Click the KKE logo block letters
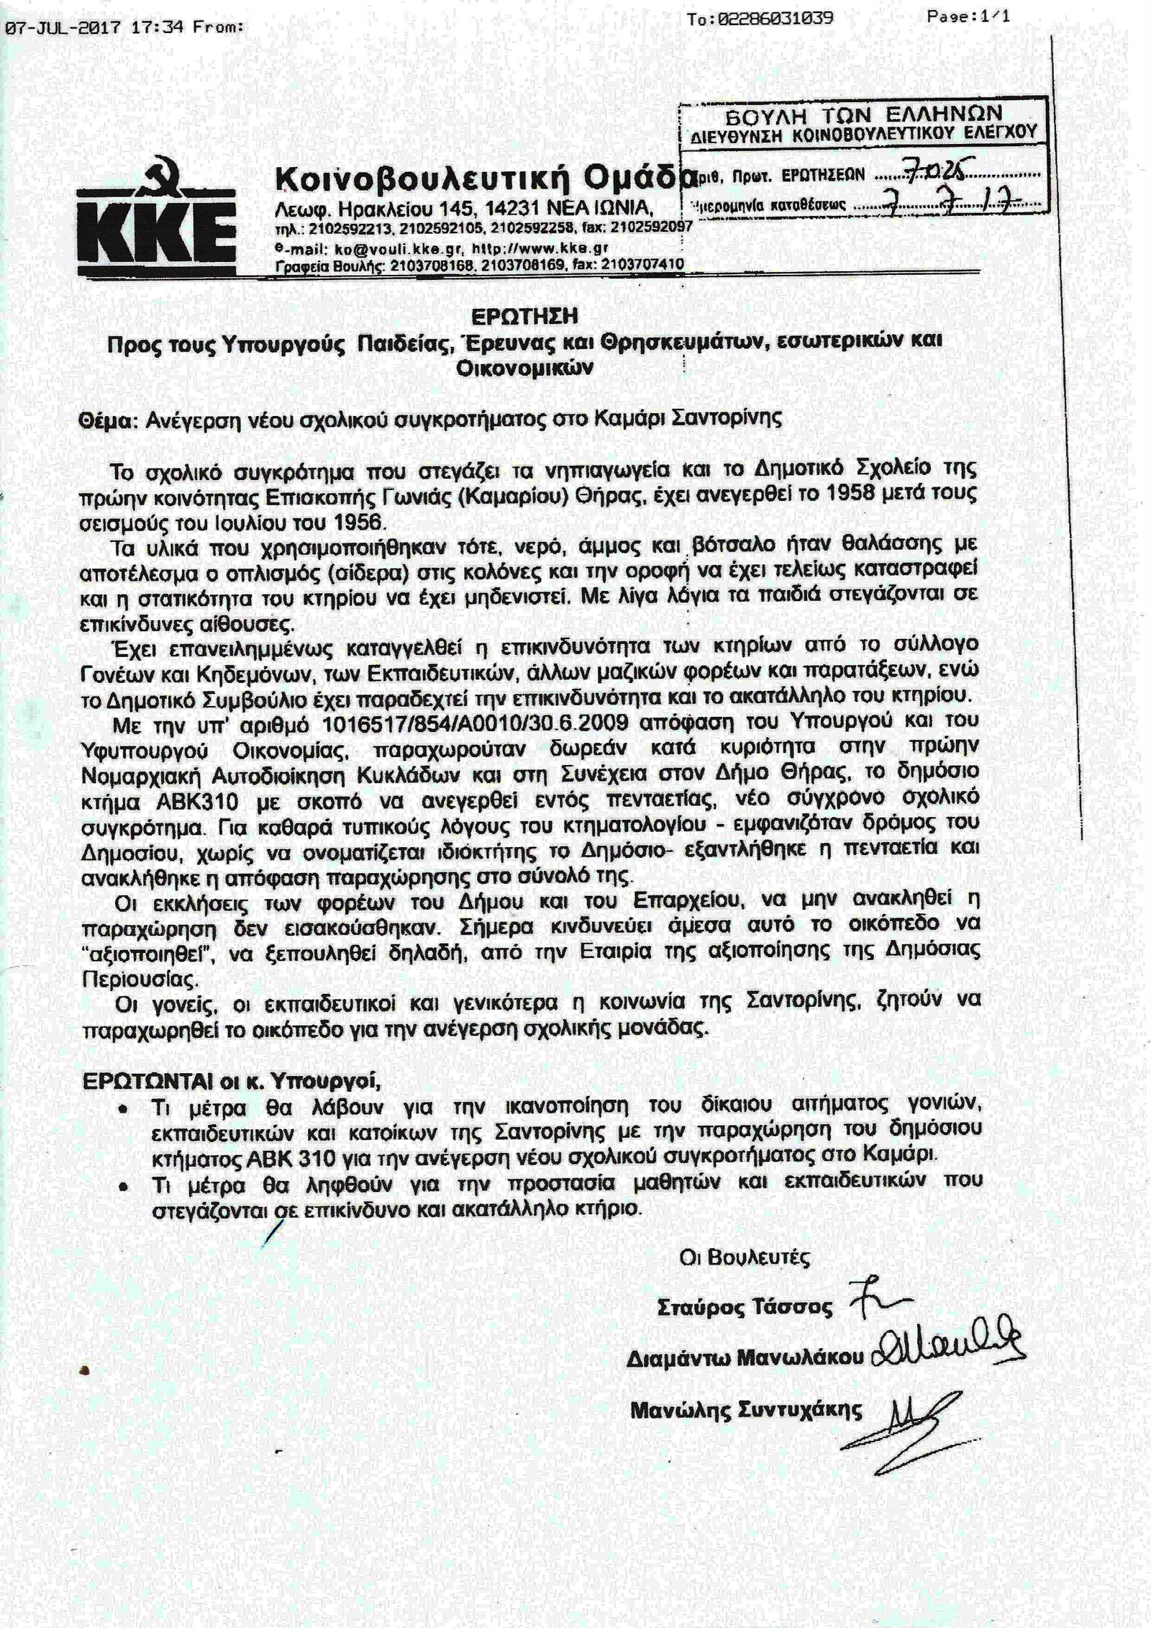(x=158, y=232)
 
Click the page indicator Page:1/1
(x=968, y=17)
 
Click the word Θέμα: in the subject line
(x=108, y=419)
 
